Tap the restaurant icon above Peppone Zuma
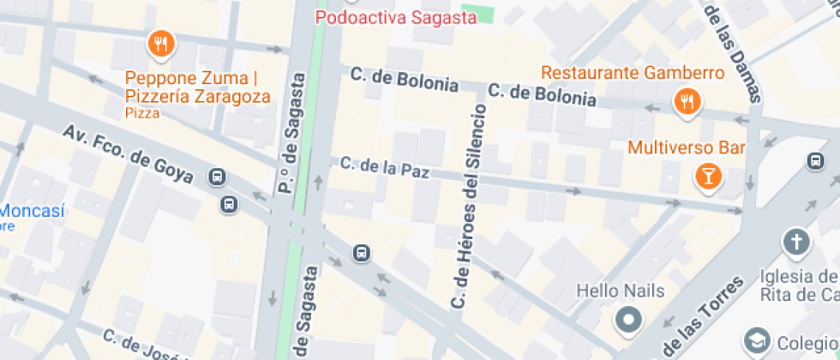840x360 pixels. coord(160,44)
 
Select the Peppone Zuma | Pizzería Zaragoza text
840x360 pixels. coord(197,87)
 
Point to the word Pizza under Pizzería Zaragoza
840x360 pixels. coord(142,112)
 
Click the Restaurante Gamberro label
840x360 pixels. coord(633,72)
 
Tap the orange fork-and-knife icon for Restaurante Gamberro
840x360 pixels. coord(687,102)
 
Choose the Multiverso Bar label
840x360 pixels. coord(686,147)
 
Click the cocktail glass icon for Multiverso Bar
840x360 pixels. coord(709,177)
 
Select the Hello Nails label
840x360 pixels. coord(620,291)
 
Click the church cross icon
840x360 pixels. coord(797,243)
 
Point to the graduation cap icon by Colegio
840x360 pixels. coord(757,341)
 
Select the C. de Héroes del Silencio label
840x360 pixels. coord(468,207)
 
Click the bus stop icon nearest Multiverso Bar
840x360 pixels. coord(814,160)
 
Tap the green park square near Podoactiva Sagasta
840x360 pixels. coord(484,13)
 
